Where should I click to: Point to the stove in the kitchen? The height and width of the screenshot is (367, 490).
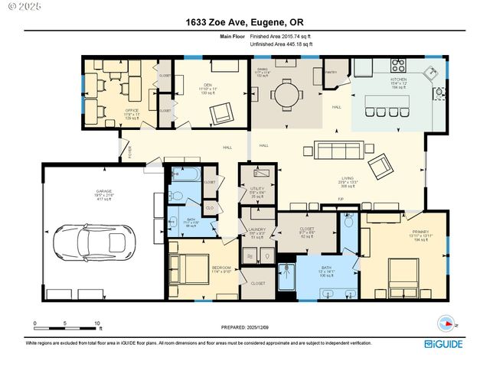(400, 66)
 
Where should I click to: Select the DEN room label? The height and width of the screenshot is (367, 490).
(207, 85)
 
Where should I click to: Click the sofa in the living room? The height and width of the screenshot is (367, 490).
(332, 149)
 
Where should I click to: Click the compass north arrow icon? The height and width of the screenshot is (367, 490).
(443, 323)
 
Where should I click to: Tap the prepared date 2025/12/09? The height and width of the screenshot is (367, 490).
(245, 330)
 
